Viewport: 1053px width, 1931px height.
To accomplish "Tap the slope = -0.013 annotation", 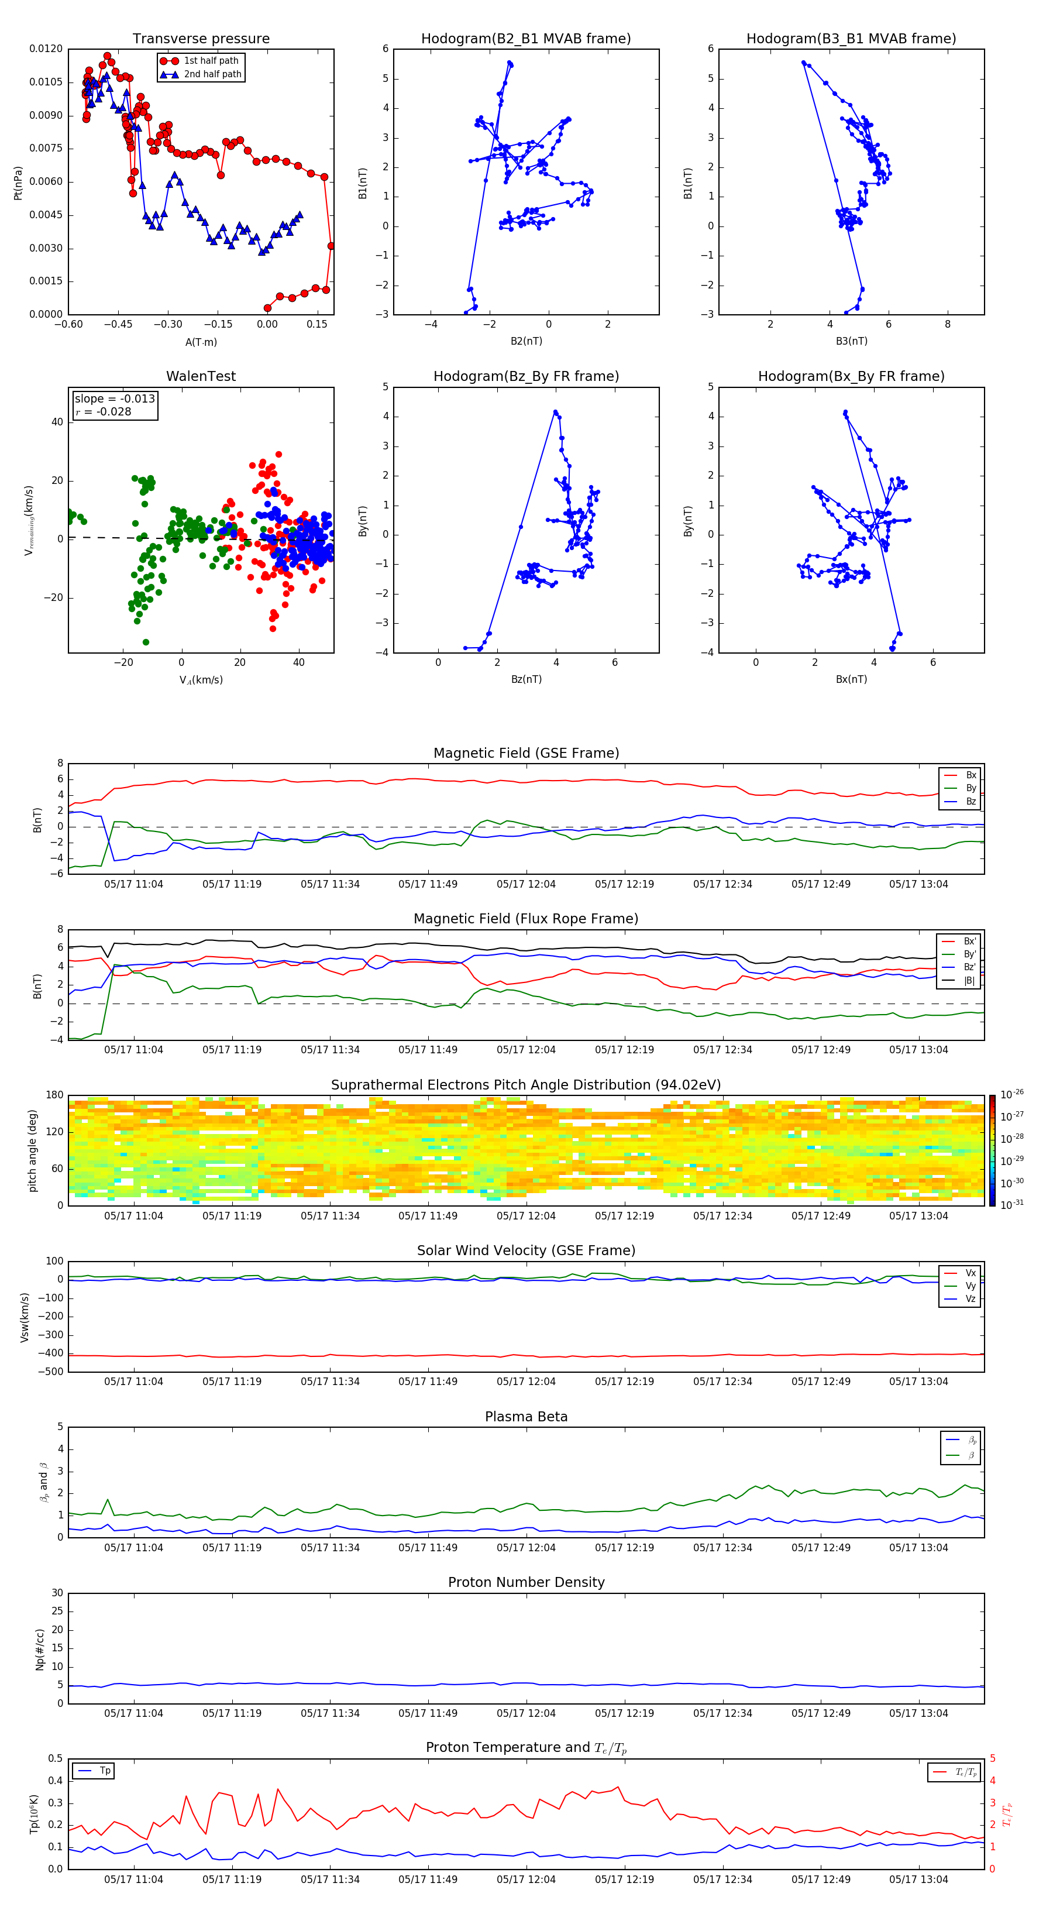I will [115, 399].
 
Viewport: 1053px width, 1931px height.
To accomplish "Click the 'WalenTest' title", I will [201, 376].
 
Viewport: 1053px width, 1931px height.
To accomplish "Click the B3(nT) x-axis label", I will [851, 341].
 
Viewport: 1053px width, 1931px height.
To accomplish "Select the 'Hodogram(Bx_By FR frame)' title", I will [851, 376].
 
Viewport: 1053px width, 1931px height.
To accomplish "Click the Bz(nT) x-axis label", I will [526, 679].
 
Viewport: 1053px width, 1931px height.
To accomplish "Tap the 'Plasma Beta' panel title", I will [526, 1417].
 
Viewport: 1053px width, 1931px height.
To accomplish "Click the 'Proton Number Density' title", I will [526, 1582].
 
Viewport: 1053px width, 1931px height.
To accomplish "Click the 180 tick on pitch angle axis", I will [55, 1095].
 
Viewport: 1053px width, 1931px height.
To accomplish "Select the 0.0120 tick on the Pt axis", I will [46, 49].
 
